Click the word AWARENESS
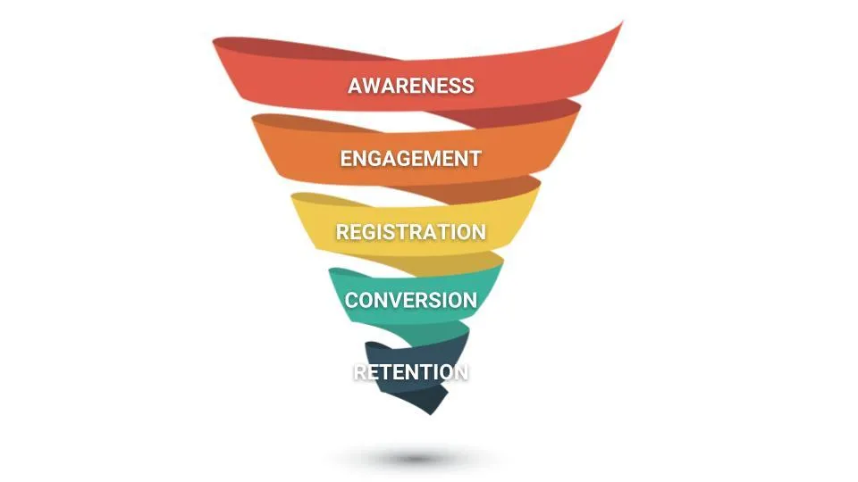pyautogui.click(x=411, y=86)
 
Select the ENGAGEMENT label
pyautogui.click(x=410, y=159)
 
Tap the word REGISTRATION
pyautogui.click(x=411, y=232)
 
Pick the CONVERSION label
pyautogui.click(x=411, y=300)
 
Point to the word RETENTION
pyautogui.click(x=411, y=372)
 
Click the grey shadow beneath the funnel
pyautogui.click(x=414, y=458)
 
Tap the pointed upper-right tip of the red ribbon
pyautogui.click(x=623, y=21)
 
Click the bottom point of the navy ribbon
pyautogui.click(x=431, y=413)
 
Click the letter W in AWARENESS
pyautogui.click(x=373, y=86)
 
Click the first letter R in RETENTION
pyautogui.click(x=360, y=372)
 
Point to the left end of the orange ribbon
pyautogui.click(x=253, y=119)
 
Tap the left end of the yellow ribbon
pyautogui.click(x=292, y=197)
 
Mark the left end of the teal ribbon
pyautogui.click(x=330, y=271)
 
